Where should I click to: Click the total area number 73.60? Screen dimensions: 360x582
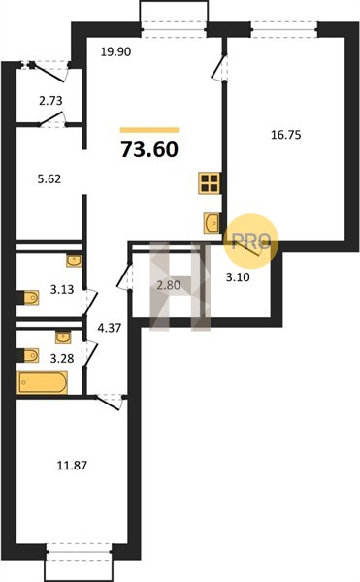149,149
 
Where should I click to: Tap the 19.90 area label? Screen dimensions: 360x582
115,52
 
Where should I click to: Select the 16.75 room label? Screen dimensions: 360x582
286,135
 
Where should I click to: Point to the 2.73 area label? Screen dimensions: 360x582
50,101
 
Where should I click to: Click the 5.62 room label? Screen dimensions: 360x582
49,179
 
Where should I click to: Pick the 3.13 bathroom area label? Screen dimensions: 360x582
62,289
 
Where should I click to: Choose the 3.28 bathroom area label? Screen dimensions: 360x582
62,359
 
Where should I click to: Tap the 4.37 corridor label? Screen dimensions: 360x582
109,328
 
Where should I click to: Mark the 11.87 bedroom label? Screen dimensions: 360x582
72,465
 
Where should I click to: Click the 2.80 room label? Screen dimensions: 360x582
169,285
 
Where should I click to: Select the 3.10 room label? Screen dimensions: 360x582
238,276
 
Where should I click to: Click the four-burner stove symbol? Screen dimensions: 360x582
210,183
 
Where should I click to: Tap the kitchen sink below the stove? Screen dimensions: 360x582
213,223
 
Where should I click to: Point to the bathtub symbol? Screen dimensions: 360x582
43,382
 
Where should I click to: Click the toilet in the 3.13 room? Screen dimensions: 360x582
28,298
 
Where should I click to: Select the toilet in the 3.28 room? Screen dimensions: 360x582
28,355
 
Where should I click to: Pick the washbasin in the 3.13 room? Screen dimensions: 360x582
74,261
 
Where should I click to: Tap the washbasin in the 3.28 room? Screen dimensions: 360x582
63,338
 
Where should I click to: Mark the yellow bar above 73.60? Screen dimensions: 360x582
149,130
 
